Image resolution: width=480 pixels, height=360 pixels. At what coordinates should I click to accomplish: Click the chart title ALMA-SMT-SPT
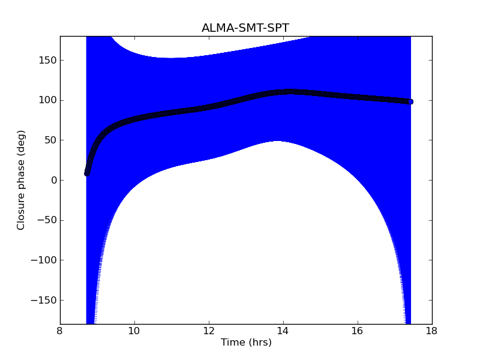point(245,28)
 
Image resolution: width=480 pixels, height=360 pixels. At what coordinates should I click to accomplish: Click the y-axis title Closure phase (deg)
point(22,180)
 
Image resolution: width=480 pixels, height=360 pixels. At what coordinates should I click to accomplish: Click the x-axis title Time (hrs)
point(246,343)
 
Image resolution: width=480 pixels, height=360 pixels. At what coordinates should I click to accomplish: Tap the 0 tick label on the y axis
point(53,180)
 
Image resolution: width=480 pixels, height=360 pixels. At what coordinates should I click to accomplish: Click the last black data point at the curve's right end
point(410,101)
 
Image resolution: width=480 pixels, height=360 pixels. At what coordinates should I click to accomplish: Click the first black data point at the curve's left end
point(87,173)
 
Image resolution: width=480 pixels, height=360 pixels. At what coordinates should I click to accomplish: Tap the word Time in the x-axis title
point(232,343)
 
